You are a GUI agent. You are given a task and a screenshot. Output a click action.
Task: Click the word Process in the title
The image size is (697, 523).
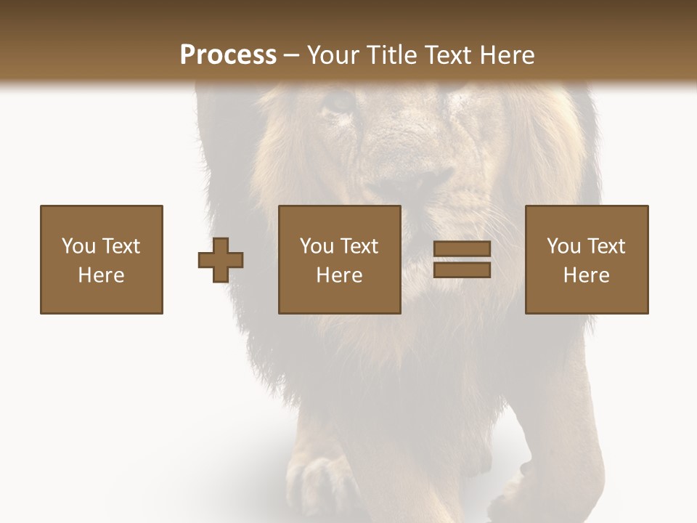point(228,54)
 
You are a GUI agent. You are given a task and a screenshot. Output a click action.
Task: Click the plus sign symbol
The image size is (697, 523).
point(221,260)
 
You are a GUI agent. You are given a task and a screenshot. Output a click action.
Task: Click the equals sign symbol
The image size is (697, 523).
point(462,260)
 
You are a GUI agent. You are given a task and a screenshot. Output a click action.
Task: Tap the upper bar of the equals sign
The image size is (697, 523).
point(462,250)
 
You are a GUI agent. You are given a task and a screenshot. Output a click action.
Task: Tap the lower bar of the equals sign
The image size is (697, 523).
point(462,270)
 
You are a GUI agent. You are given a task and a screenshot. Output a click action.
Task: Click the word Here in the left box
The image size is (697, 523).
point(102,275)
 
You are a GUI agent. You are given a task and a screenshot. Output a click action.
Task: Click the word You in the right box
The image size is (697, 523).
point(563,246)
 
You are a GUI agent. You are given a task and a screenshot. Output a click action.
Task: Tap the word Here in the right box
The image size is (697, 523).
point(587,275)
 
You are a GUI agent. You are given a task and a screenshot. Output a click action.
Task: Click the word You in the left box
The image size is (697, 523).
point(78,246)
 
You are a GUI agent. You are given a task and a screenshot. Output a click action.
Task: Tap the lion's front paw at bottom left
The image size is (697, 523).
point(319,483)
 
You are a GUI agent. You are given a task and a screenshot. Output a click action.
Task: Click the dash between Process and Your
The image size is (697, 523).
point(292,55)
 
